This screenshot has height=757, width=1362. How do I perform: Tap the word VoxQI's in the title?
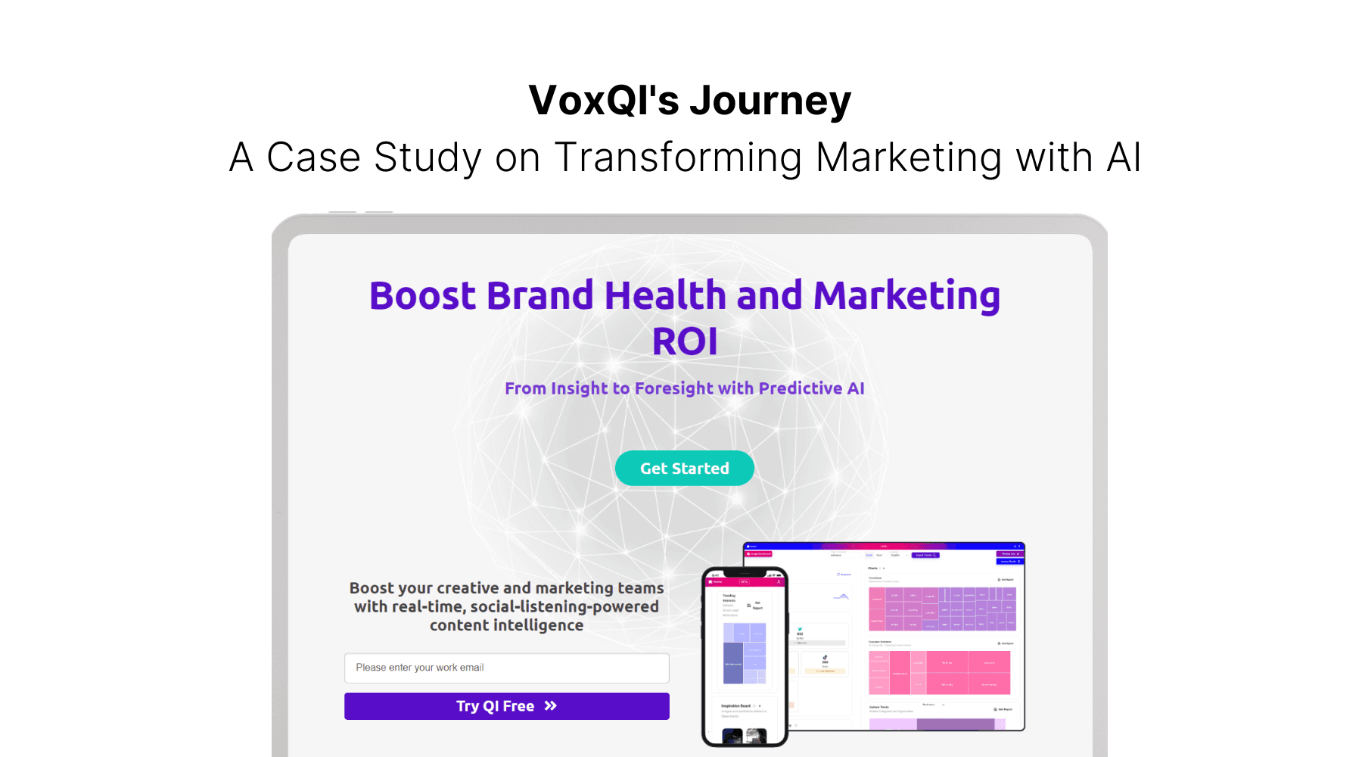coord(604,101)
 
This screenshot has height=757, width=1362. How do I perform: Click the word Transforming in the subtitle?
coord(678,157)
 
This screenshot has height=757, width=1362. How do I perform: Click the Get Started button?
coord(684,469)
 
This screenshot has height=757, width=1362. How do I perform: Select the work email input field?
coord(506,668)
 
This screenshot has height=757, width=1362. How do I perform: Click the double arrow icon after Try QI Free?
coord(551,706)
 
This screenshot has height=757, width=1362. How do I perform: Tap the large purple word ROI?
coord(685,341)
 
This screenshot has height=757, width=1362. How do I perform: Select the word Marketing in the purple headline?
coord(906,295)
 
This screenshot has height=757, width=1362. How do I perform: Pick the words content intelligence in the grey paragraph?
coord(506,625)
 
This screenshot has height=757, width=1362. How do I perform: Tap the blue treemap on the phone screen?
coord(745,653)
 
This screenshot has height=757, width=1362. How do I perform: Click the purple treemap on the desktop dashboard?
coord(942,609)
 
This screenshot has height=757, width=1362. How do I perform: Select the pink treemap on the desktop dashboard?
coord(939,672)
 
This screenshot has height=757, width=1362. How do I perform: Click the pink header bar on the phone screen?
coord(745,581)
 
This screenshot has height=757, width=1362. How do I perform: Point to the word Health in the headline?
coord(665,295)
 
